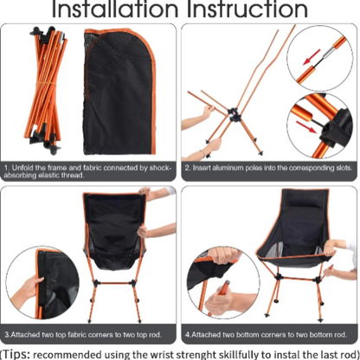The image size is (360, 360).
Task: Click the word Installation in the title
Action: point(112,11)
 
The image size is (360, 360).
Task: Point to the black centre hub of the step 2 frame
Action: point(235,113)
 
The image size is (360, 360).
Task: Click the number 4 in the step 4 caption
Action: point(187,332)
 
